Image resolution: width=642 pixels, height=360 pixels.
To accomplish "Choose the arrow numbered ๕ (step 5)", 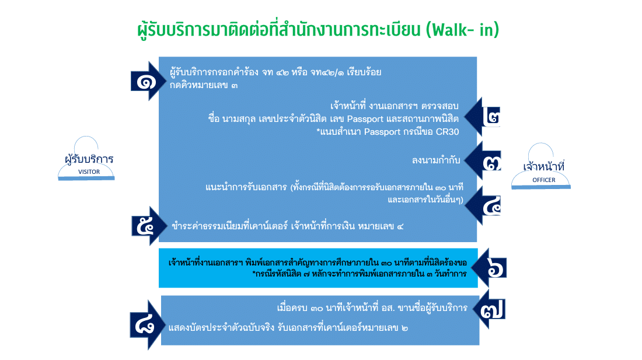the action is tap(148, 226).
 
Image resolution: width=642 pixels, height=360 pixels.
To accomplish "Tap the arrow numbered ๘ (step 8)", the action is tap(146, 325).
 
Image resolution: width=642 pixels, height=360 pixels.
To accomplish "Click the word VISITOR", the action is tap(89, 172).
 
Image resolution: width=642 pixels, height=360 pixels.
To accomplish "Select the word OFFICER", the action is tap(544, 180).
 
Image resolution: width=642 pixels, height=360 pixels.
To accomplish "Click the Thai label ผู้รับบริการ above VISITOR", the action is tap(89, 159).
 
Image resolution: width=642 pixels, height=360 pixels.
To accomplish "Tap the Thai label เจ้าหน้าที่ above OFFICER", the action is tap(544, 166).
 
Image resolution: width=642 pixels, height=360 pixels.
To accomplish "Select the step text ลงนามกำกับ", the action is tap(436, 160).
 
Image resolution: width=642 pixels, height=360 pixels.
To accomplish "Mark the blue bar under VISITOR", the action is tap(86, 179).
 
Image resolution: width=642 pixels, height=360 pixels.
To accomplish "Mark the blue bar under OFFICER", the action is tap(541, 187).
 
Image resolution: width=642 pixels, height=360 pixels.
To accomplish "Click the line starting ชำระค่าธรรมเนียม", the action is tap(287, 226).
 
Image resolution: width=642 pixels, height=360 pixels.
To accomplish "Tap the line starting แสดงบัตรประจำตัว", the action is tap(288, 328).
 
